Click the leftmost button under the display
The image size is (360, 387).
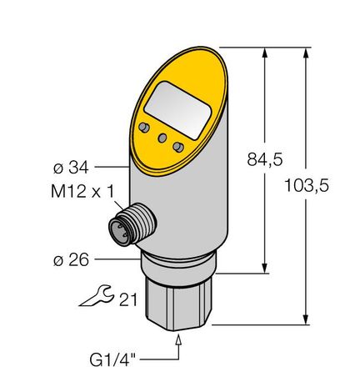tap(144, 128)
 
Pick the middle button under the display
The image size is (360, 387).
tap(160, 138)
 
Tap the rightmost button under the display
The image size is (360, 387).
tap(177, 147)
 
